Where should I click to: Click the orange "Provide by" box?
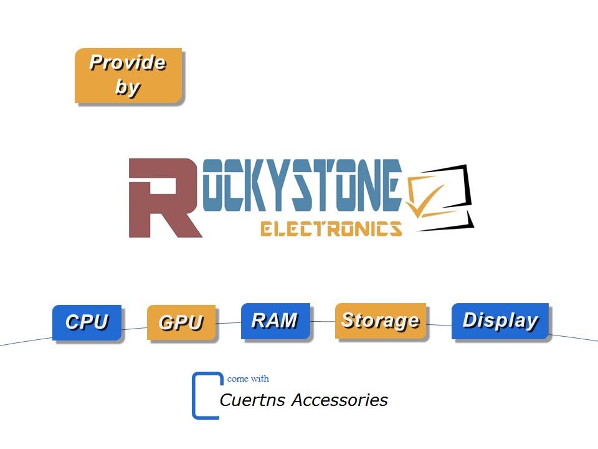pos(128,75)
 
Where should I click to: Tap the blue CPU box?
pos(87,322)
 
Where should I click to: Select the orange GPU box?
pos(181,322)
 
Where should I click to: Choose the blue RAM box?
pos(275,321)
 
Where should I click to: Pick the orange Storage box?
pos(381,321)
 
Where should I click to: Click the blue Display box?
pos(500,321)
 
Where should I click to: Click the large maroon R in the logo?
pos(164,198)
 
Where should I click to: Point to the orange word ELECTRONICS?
pos(331,228)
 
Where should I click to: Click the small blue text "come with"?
pos(248,379)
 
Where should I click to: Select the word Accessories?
pos(340,400)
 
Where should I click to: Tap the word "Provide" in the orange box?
pos(128,62)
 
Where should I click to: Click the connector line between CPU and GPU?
pos(135,329)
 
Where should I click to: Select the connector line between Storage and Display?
pos(439,325)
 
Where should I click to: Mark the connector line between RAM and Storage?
pos(323,322)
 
